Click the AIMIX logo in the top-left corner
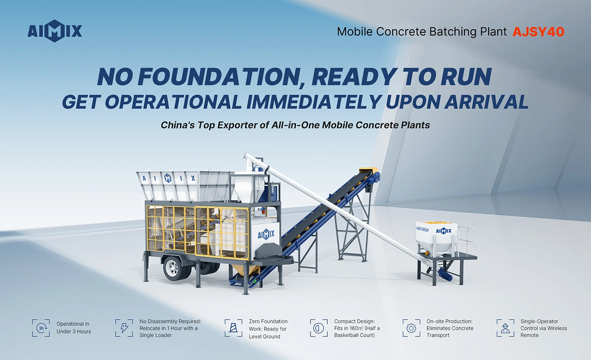tap(55, 31)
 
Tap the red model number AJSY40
tap(538, 32)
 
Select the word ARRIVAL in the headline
tap(486, 102)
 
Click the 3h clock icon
tap(41, 328)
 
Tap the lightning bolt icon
tap(124, 328)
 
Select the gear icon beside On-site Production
tap(411, 328)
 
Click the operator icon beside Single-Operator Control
tap(505, 328)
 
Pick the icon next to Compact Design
tap(319, 328)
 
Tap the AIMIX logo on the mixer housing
tap(266, 234)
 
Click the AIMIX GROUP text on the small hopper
tap(422, 229)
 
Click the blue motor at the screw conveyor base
tap(446, 274)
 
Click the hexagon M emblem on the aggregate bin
tap(168, 178)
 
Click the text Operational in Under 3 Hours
tap(74, 328)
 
